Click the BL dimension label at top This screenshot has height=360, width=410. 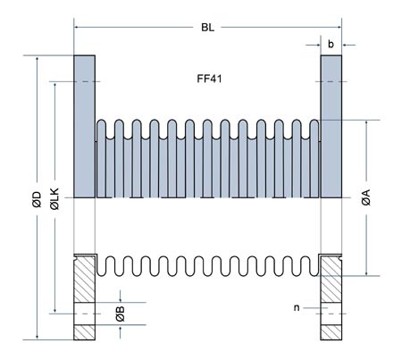(x=207, y=28)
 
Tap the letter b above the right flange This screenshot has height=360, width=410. (x=331, y=42)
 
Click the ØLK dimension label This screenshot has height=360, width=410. (x=56, y=200)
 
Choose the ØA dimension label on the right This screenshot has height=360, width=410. (x=366, y=200)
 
